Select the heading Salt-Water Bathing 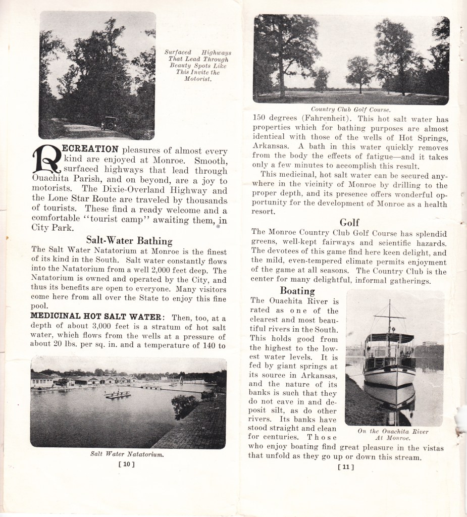click(x=129, y=240)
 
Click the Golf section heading click(x=349, y=222)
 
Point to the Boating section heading click(x=297, y=291)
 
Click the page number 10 click(x=128, y=464)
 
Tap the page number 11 click(x=345, y=467)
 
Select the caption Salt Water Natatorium click(x=128, y=454)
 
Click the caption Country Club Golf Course click(x=350, y=109)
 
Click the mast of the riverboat click(x=389, y=316)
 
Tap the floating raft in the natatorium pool click(x=117, y=394)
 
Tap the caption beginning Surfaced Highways click(x=197, y=66)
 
